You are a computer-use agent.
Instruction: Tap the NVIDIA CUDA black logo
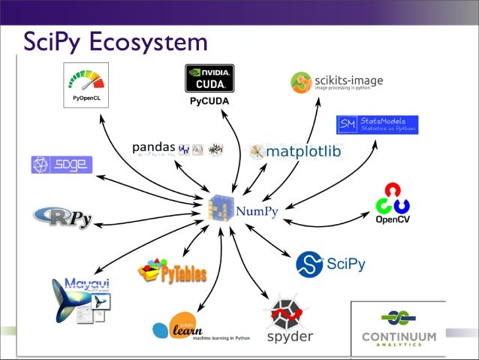pyautogui.click(x=209, y=78)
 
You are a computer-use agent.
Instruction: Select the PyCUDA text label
pyautogui.click(x=209, y=101)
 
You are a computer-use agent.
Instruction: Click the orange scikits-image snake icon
pyautogui.click(x=301, y=82)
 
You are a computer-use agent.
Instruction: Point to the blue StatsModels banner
pyautogui.click(x=378, y=125)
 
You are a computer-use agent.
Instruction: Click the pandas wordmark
pyautogui.click(x=154, y=147)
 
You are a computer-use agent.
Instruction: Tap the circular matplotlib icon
pyautogui.click(x=258, y=152)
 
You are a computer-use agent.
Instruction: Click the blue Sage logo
pyautogui.click(x=62, y=165)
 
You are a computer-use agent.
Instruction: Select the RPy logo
pyautogui.click(x=63, y=217)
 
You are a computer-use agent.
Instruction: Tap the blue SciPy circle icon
pyautogui.click(x=309, y=264)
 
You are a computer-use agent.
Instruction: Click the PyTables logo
pyautogui.click(x=172, y=271)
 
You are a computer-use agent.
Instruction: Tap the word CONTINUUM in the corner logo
pyautogui.click(x=398, y=335)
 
